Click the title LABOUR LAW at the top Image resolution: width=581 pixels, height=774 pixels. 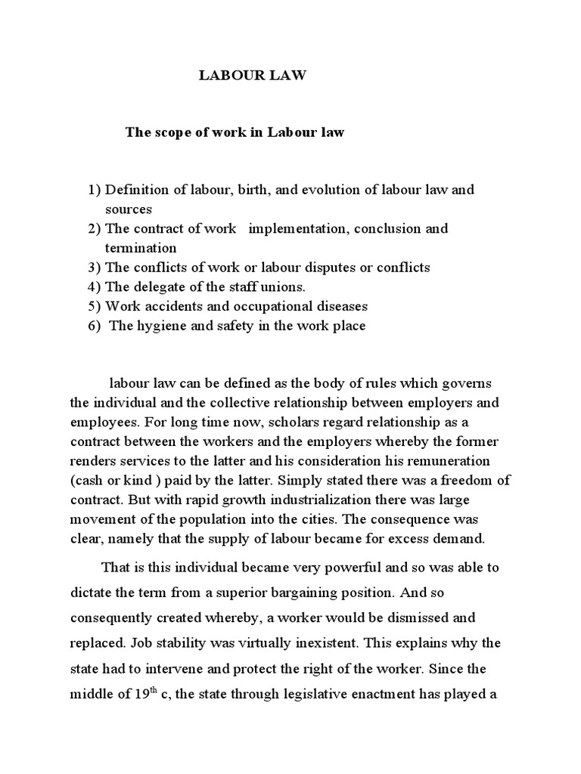(252, 77)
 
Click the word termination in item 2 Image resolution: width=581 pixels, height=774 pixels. (141, 248)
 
